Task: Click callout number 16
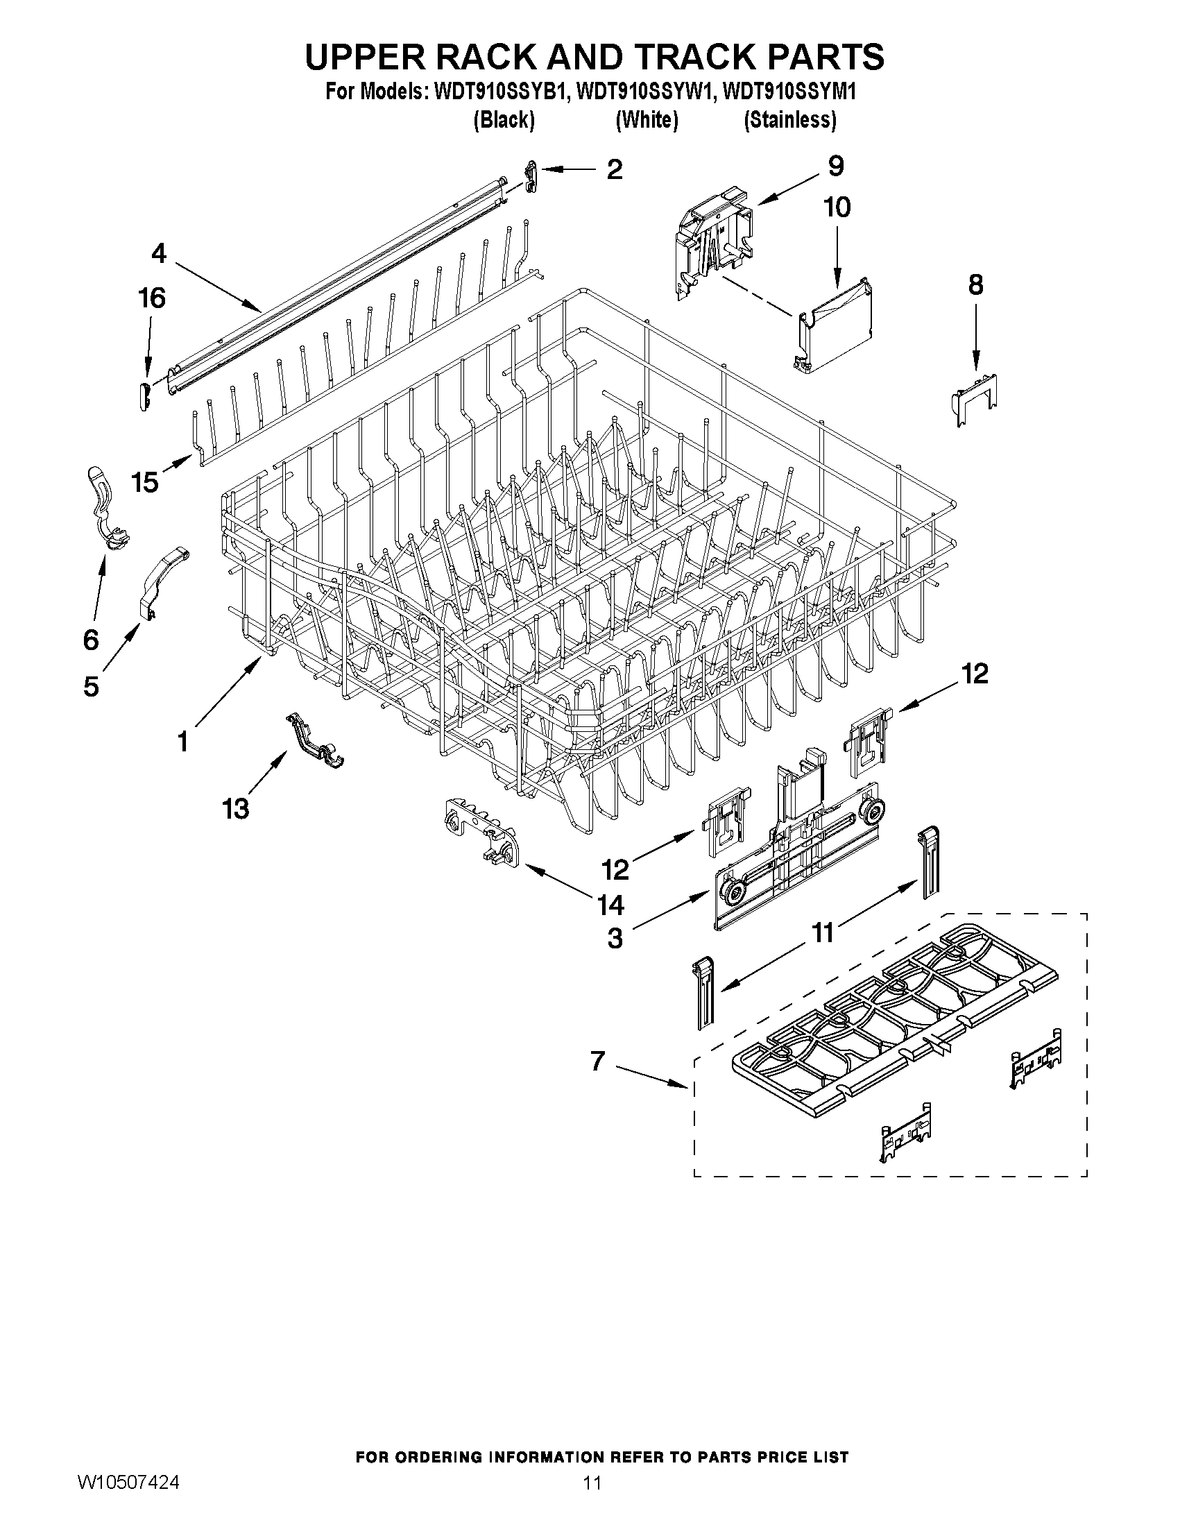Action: [152, 298]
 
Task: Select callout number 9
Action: [835, 167]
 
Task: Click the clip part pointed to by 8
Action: [975, 400]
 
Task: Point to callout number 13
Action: [236, 809]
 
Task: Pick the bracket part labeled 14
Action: [482, 835]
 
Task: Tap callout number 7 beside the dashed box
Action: [597, 1061]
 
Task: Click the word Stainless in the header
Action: [789, 120]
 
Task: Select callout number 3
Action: [615, 938]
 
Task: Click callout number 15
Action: [146, 481]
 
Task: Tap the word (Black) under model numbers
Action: [504, 120]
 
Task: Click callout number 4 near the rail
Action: [160, 253]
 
